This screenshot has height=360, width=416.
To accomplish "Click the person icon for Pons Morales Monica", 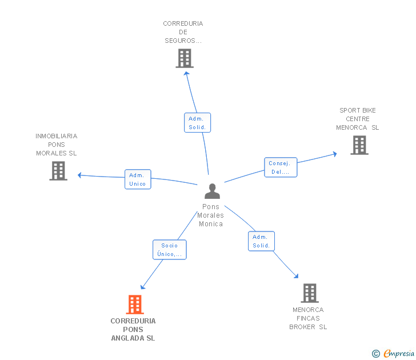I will pos(212,191).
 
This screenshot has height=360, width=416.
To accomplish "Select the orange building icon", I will pos(135,305).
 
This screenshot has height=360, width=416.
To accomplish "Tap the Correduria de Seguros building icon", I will pos(184,58).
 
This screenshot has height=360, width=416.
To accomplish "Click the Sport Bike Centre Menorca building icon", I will pos(359,145).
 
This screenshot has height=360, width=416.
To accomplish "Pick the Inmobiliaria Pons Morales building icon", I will pos(58,171).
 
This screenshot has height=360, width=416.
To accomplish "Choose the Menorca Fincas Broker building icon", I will pos(309,293).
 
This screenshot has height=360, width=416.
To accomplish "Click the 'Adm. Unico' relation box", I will pos(138,179).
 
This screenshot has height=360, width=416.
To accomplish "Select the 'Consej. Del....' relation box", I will pos(280,167).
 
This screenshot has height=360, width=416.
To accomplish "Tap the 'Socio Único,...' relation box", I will pos(169,250).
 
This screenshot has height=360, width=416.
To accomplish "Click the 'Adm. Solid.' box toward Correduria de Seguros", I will pos(198,123).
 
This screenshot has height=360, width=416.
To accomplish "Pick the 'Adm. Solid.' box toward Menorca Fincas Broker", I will pos(261,241).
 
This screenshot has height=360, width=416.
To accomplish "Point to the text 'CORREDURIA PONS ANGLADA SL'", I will pos(133,330).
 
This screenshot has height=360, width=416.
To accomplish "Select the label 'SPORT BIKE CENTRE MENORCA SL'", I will pos(358,119).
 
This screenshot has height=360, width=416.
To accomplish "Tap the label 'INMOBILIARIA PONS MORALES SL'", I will pos(57,145).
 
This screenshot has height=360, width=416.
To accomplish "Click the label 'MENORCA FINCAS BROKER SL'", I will pos(308,318).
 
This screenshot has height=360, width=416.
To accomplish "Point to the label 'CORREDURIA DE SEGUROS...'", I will pos(183,32).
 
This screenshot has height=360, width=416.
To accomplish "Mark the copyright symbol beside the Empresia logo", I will pos(375,354).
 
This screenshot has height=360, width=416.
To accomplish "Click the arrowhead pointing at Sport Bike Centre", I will pos(334,153).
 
